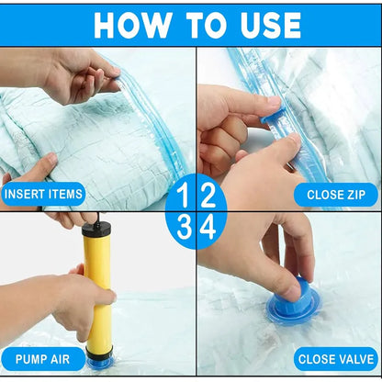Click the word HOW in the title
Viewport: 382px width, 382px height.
click(133, 25)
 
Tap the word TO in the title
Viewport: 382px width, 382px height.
click(196, 25)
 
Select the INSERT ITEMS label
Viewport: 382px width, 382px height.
click(44, 195)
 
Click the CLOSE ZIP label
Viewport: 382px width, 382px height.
click(336, 195)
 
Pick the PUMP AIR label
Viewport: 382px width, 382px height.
click(44, 358)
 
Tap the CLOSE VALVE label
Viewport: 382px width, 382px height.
click(336, 358)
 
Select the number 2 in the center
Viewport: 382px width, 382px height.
click(208, 196)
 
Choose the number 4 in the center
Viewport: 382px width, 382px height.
click(208, 227)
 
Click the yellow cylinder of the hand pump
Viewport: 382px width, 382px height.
click(96, 285)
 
